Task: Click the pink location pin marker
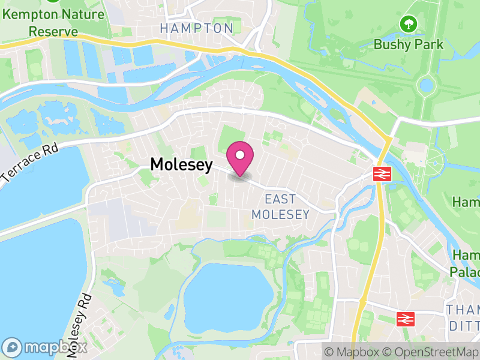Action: point(240,158)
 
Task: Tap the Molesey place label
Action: point(181,164)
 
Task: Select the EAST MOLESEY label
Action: point(281,207)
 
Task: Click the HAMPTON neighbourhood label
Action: point(197,28)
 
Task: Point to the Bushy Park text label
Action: point(409,44)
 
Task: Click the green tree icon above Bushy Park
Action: point(409,24)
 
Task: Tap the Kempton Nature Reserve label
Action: point(41,22)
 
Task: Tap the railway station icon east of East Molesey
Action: point(382,174)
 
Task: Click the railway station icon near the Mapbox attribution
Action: point(406,318)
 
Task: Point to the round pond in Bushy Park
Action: point(426,85)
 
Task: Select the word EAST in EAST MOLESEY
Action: point(280,199)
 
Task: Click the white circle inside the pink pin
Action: point(240,155)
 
